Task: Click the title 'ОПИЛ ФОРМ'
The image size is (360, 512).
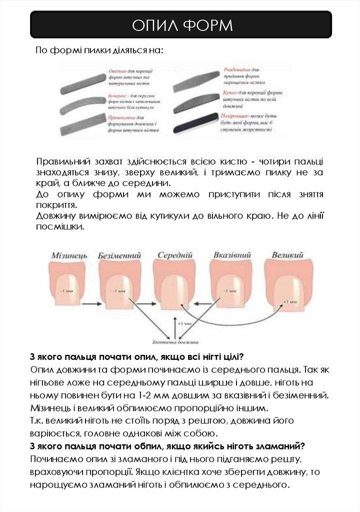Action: (181, 24)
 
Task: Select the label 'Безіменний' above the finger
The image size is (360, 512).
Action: (119, 254)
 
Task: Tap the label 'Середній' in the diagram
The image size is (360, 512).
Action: (175, 254)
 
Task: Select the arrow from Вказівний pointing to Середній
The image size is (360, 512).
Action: (202, 303)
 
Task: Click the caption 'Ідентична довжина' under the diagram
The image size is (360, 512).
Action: (175, 343)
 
